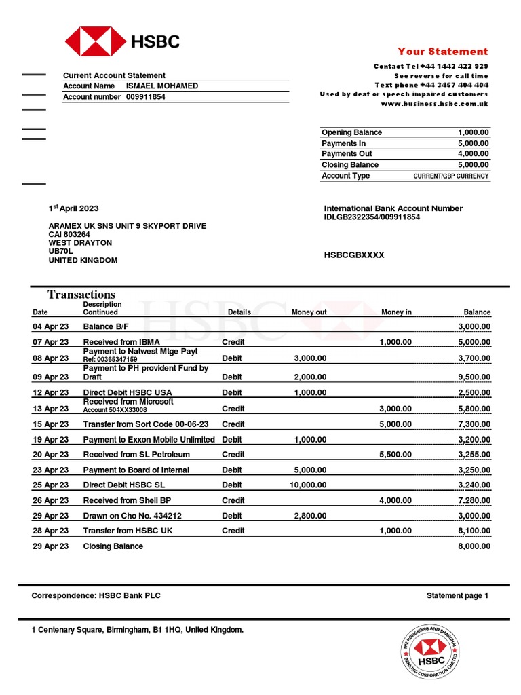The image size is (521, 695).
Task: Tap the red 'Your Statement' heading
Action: pyautogui.click(x=442, y=52)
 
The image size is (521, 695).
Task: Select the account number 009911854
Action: pyautogui.click(x=145, y=97)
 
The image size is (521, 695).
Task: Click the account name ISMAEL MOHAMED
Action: pyautogui.click(x=162, y=86)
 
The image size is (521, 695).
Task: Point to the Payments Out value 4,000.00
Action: pyautogui.click(x=473, y=154)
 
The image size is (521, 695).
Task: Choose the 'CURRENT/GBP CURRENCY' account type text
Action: pyautogui.click(x=450, y=176)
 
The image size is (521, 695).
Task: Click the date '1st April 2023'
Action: pyautogui.click(x=73, y=208)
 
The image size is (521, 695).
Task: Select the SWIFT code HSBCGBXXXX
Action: pyautogui.click(x=354, y=255)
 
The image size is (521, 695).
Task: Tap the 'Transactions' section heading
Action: pyautogui.click(x=81, y=295)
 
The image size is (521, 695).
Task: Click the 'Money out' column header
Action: pyautogui.click(x=309, y=312)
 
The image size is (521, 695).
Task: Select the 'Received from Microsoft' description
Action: pyautogui.click(x=128, y=402)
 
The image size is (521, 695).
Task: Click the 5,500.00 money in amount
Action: pyautogui.click(x=395, y=455)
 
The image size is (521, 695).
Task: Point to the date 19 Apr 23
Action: pyautogui.click(x=50, y=440)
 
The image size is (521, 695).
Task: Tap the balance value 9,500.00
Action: pyautogui.click(x=474, y=377)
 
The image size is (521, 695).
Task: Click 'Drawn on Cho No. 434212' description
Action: pyautogui.click(x=132, y=516)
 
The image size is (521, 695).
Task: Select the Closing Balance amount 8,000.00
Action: pyautogui.click(x=474, y=546)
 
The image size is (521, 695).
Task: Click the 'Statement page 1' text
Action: pyautogui.click(x=457, y=596)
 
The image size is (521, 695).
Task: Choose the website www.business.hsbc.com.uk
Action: pyautogui.click(x=434, y=104)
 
